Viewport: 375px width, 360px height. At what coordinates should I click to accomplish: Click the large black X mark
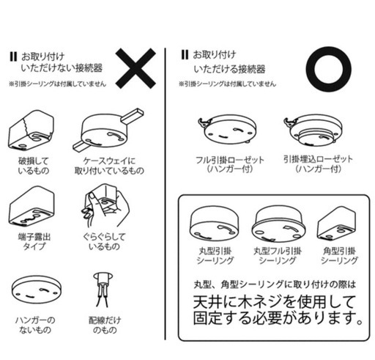(x=135, y=68)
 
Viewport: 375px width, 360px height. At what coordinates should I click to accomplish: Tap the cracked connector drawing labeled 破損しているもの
(x=31, y=130)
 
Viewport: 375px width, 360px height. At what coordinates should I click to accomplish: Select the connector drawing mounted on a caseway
(x=108, y=131)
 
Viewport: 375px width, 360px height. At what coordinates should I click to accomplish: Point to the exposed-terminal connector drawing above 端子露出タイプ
(x=31, y=207)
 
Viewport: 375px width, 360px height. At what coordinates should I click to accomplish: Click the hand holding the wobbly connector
(x=105, y=206)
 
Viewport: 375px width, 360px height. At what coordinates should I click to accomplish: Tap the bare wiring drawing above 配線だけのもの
(x=103, y=290)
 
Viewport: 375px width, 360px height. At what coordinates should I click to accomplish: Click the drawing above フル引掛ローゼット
(x=227, y=130)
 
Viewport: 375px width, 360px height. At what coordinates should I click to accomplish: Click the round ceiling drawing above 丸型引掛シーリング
(x=214, y=223)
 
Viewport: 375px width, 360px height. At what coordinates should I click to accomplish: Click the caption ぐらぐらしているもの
(x=104, y=241)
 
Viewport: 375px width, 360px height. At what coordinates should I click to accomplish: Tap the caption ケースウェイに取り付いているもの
(x=109, y=166)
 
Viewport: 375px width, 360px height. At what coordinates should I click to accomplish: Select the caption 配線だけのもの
(x=105, y=325)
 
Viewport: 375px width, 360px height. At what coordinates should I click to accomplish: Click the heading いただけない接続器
(x=62, y=68)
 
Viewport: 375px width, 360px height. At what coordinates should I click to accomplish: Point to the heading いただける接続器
(x=229, y=69)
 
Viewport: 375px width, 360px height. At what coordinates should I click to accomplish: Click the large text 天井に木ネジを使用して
(x=274, y=302)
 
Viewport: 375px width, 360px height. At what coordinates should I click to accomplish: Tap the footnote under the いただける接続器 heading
(x=228, y=84)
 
